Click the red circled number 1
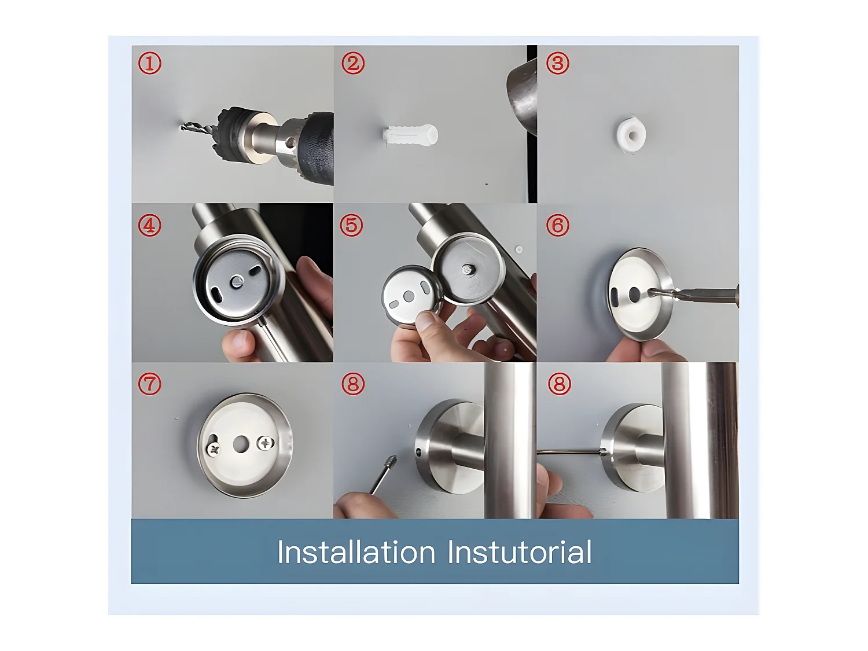coord(149,63)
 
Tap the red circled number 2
coord(353,63)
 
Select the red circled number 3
coord(558,63)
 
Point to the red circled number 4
coord(149,225)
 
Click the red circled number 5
coord(351,225)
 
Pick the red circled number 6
coord(558,225)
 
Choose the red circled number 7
coord(149,384)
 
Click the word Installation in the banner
coord(356,552)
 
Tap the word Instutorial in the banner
coord(519,552)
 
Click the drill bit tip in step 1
coord(182,127)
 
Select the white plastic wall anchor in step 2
coord(410,135)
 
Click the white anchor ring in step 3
coord(631,134)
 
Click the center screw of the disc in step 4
coord(237,281)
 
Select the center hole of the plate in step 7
coord(240,444)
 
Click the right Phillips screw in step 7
coord(266,443)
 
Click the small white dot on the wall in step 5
coord(519,249)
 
